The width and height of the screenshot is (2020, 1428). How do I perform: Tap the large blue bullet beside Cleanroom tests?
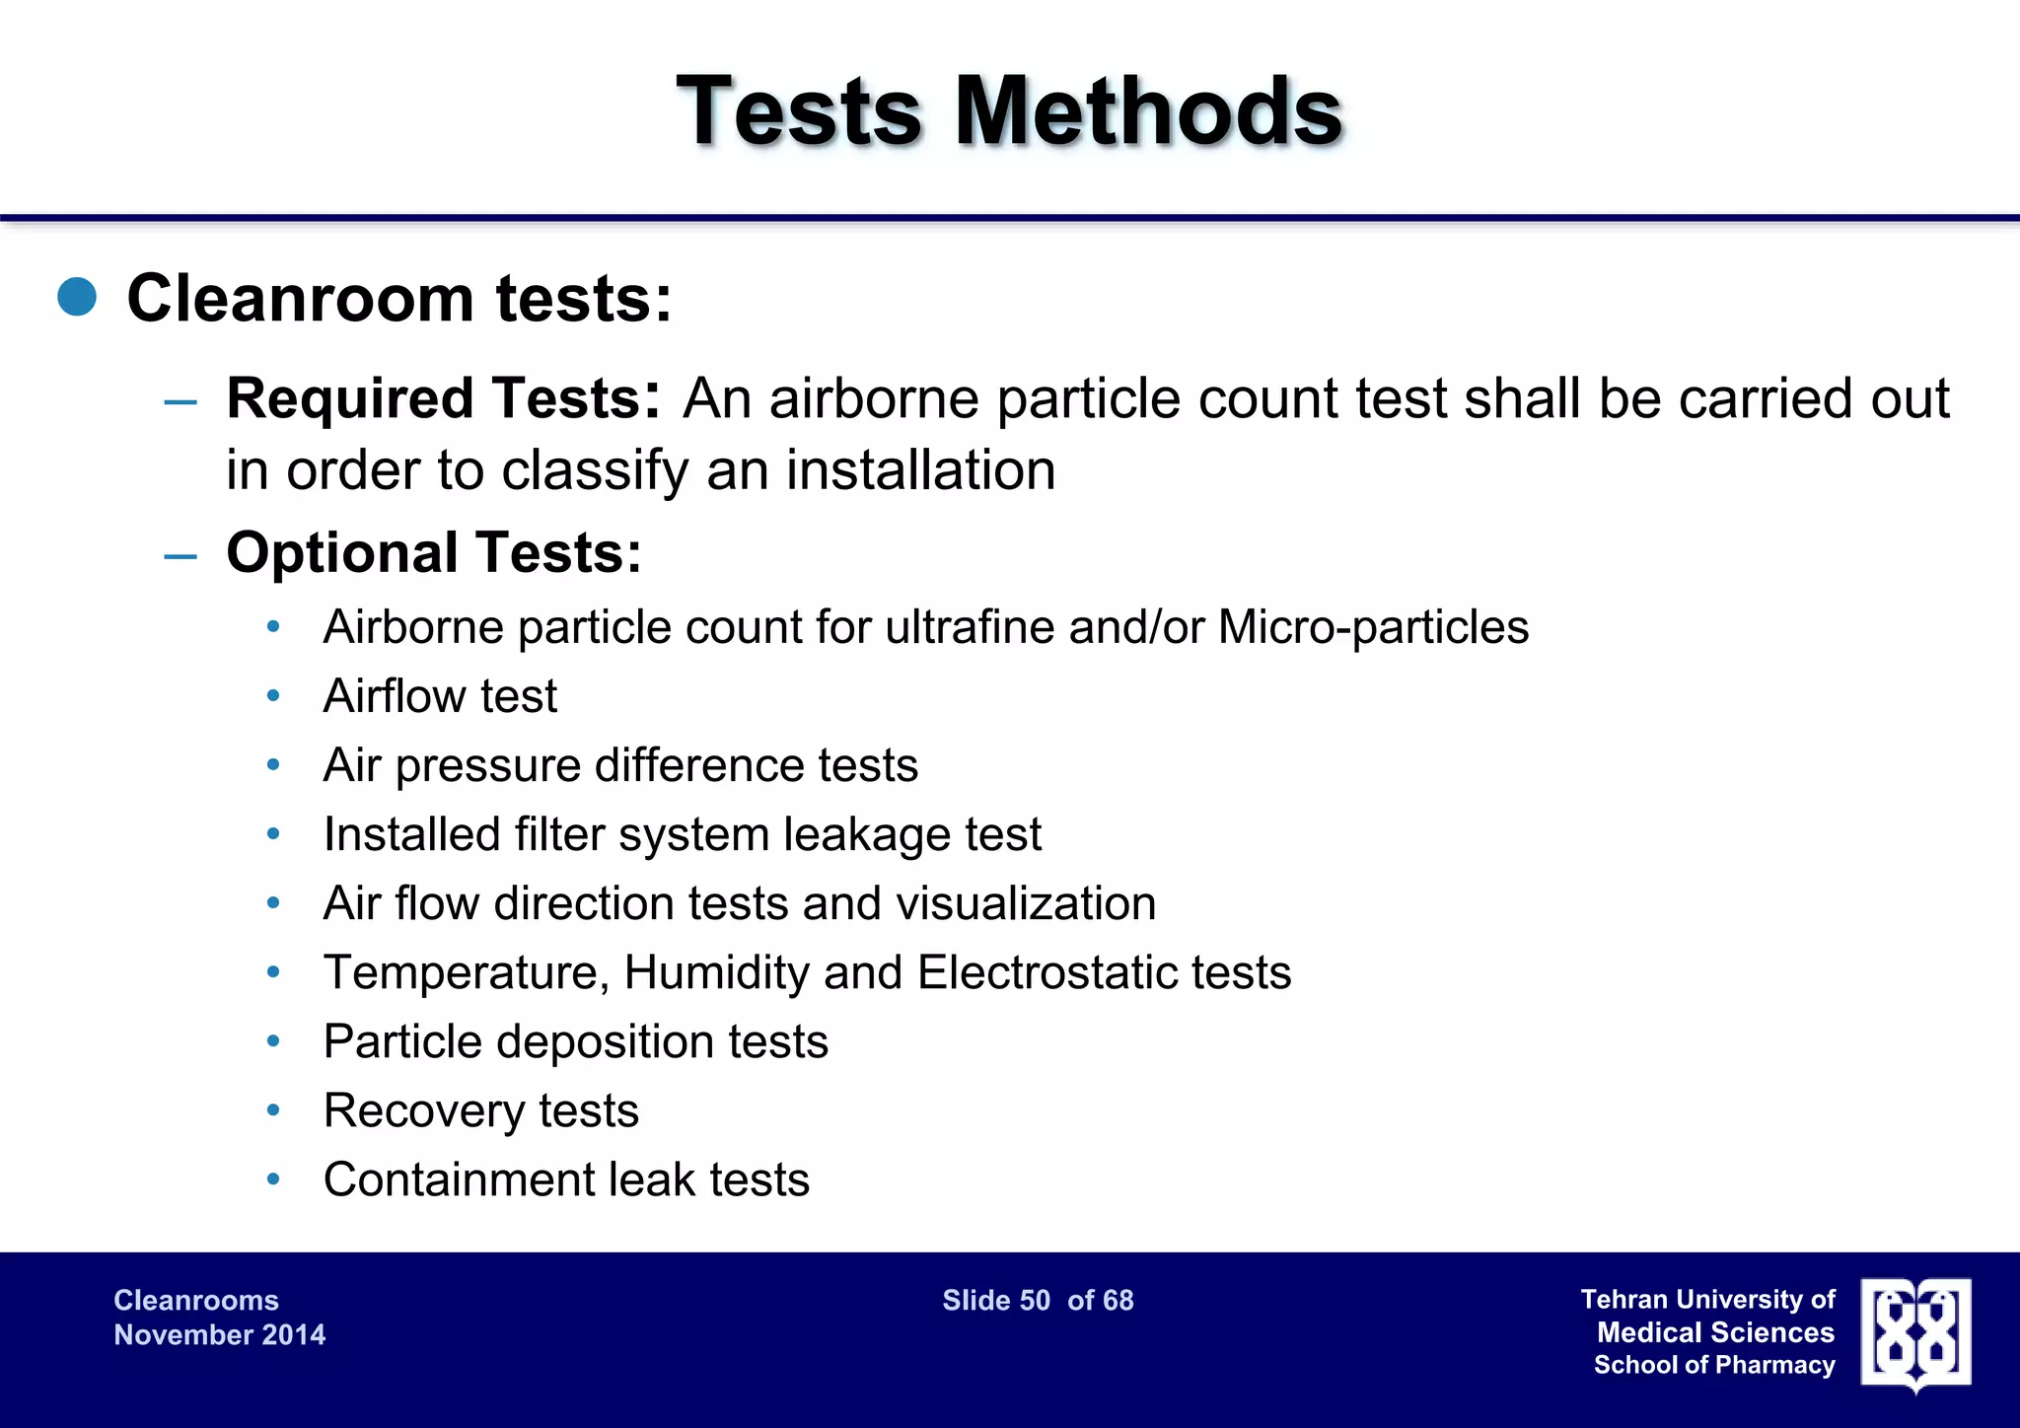pyautogui.click(x=77, y=297)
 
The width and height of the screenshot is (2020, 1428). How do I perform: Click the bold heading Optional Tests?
pyautogui.click(x=434, y=552)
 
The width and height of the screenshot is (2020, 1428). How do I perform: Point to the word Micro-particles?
pyautogui.click(x=1373, y=627)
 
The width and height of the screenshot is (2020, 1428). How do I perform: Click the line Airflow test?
pyautogui.click(x=440, y=696)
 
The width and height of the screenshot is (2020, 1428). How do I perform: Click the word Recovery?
pyautogui.click(x=423, y=1111)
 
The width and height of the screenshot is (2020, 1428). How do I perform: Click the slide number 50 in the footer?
pyautogui.click(x=1035, y=1301)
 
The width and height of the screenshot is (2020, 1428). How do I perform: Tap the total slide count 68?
pyautogui.click(x=1118, y=1301)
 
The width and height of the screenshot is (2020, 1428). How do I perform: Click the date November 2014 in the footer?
pyautogui.click(x=219, y=1335)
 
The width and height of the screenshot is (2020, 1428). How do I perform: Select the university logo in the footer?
pyautogui.click(x=1915, y=1334)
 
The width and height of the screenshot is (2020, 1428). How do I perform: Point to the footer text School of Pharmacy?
pyautogui.click(x=1714, y=1366)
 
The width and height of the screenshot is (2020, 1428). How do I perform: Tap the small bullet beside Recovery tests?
pyautogui.click(x=274, y=1111)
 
